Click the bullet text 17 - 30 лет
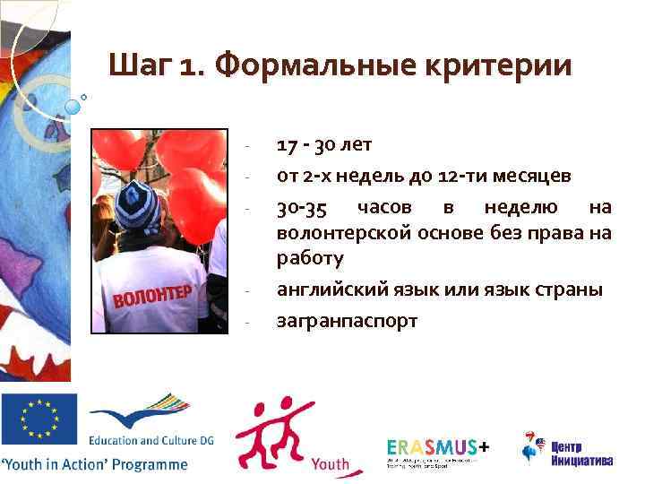pos(324,144)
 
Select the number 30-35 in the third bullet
pos(301,208)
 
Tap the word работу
pos(310,258)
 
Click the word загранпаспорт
pos(348,320)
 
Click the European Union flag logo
pos(39,419)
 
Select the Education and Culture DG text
pos(139,441)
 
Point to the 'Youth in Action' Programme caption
pos(95,464)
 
